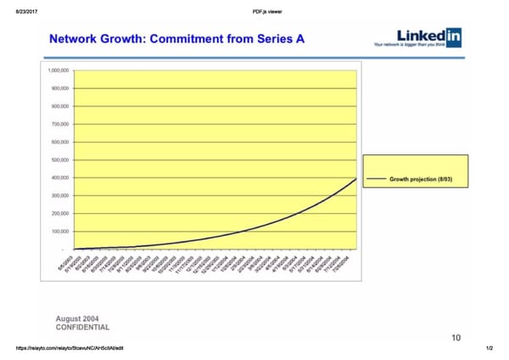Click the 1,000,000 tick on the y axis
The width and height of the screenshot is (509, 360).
tap(60, 70)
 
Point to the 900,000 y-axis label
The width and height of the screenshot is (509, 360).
tap(61, 88)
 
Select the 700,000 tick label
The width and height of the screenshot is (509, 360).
tap(61, 124)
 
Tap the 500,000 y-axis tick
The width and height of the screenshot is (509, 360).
tap(61, 160)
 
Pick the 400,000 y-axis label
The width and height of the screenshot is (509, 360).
tap(61, 177)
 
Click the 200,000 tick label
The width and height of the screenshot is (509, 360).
tap(61, 213)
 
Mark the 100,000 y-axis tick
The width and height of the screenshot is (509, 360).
tap(61, 231)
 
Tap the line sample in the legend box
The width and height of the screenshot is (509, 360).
tap(376, 179)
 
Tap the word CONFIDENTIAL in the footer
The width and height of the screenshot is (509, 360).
tap(82, 327)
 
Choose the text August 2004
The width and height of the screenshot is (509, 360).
tap(79, 318)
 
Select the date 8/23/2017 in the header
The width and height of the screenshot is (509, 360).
tap(19, 10)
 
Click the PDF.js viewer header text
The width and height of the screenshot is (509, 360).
tap(267, 10)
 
